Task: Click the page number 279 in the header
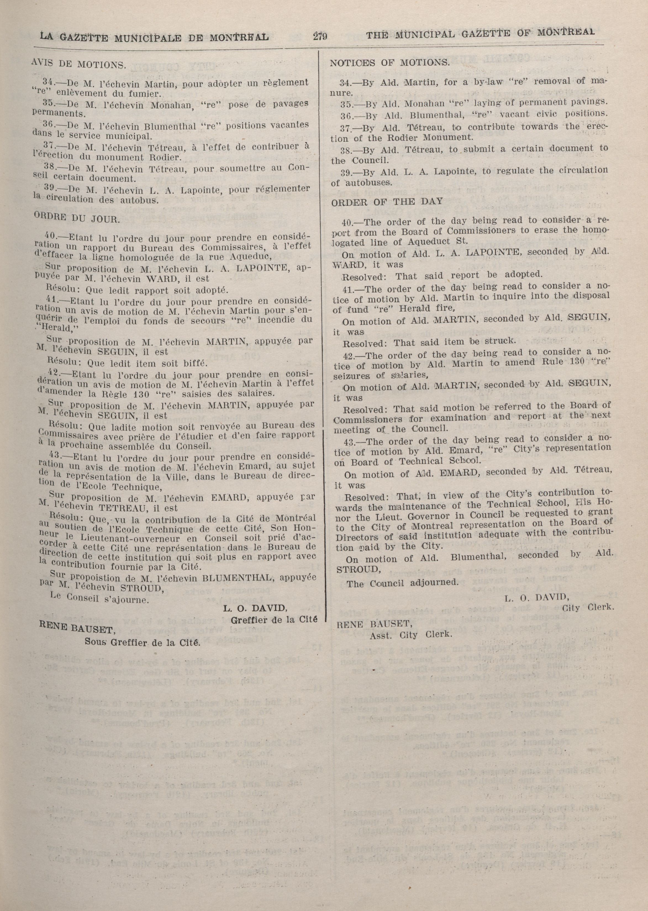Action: tap(320, 37)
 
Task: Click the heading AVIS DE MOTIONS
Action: tap(78, 64)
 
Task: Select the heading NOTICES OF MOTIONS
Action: tap(389, 63)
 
